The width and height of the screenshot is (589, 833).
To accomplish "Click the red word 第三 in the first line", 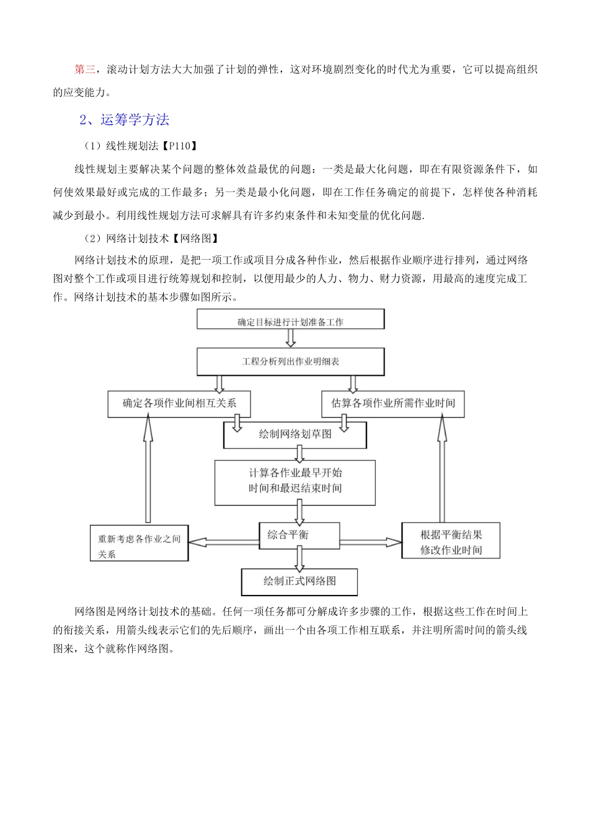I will (84, 69).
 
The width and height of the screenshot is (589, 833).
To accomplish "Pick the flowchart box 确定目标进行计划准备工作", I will (290, 321).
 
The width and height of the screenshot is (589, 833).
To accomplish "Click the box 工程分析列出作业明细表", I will (290, 361).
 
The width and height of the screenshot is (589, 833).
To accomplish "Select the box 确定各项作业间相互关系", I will (179, 403).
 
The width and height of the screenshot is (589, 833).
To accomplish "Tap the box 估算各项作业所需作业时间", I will (393, 403).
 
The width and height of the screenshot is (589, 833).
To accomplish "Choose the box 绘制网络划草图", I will (295, 434).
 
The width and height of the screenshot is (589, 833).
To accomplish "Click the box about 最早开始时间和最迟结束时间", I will (295, 481).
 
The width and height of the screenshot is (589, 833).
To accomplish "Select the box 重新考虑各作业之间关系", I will (139, 545).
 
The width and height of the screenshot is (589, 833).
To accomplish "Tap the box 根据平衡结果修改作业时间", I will (451, 542).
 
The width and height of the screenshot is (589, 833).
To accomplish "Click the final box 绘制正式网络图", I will (299, 581).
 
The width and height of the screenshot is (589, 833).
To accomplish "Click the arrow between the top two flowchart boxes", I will (290, 338).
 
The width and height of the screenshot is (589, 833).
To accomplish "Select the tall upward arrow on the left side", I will (148, 469).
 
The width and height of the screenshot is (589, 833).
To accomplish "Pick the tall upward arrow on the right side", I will (442, 469).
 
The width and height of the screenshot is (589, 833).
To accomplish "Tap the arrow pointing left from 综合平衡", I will (223, 542).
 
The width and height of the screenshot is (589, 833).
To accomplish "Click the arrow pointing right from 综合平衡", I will (371, 542).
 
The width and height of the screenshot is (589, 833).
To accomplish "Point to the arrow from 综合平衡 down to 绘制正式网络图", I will (299, 558).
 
